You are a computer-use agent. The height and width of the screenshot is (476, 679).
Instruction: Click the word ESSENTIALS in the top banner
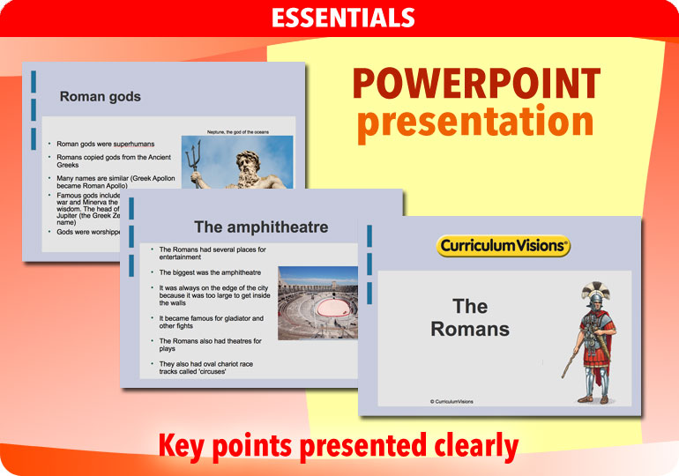(342, 18)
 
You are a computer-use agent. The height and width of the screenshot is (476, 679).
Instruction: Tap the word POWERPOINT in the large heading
(475, 85)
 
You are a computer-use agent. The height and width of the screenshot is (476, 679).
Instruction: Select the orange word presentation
(475, 123)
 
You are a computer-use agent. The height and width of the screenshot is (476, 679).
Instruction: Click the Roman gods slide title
(100, 97)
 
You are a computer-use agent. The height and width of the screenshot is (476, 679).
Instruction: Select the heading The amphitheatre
(260, 227)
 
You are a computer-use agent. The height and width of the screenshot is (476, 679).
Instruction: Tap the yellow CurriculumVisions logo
(504, 246)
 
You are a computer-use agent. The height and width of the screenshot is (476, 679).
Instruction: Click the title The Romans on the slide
(470, 318)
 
